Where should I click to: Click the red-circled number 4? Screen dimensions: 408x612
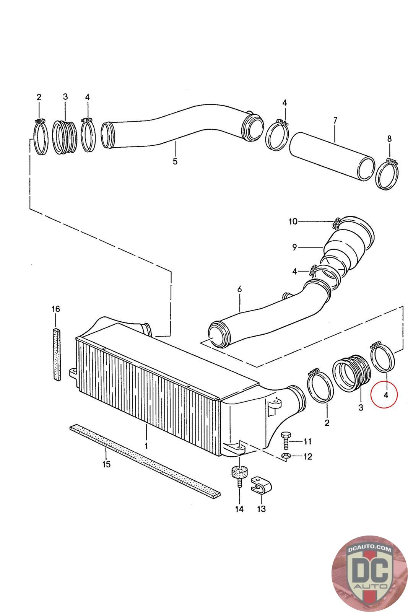point(385,395)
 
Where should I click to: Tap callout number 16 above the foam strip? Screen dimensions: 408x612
point(56,309)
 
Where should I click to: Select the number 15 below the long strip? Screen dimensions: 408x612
point(107,464)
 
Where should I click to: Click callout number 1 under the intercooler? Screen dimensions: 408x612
point(146,446)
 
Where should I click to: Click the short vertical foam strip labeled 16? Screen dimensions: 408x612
point(57,354)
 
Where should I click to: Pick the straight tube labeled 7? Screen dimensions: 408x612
point(332,156)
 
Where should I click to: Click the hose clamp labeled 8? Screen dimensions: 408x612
point(387,174)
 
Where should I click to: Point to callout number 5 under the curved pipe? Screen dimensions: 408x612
point(175,161)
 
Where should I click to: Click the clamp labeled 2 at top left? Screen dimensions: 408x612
point(41,137)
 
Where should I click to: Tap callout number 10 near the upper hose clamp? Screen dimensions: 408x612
point(293,221)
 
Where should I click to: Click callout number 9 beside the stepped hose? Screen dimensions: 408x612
point(294,247)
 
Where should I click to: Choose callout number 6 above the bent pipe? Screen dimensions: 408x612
point(239,289)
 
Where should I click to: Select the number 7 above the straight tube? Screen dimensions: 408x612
point(335,120)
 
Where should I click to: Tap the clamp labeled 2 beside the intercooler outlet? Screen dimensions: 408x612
point(320,386)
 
